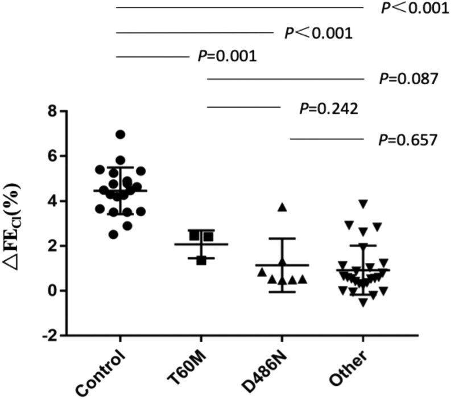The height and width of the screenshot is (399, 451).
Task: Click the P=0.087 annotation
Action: click(x=408, y=79)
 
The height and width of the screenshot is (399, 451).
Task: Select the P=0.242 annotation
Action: click(x=328, y=108)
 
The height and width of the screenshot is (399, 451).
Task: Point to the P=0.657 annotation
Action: click(x=408, y=139)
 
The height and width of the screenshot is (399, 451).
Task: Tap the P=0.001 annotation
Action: click(x=226, y=56)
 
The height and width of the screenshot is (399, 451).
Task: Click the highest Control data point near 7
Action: click(x=120, y=134)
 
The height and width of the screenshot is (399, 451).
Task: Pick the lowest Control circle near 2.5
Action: click(x=114, y=234)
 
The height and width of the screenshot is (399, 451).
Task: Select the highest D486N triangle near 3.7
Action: click(x=282, y=207)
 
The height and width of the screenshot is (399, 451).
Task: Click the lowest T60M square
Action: click(x=201, y=260)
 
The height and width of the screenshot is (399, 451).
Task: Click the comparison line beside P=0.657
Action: click(x=325, y=139)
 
